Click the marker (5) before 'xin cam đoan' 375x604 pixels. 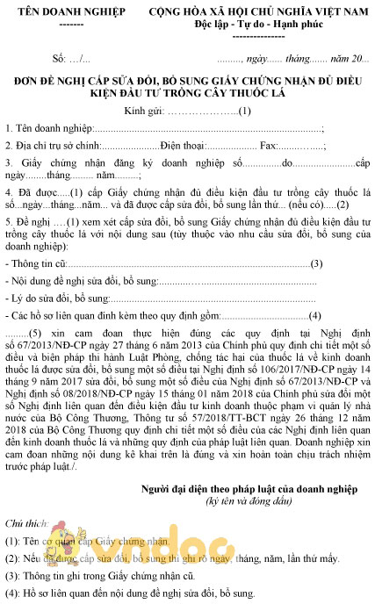coord(35,336)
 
